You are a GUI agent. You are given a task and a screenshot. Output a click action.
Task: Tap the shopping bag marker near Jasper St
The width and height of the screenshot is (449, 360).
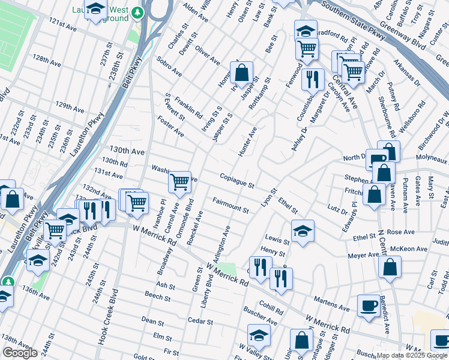tap(241, 74)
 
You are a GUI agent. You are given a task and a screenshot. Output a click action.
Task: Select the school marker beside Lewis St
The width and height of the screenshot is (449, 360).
tap(303, 230)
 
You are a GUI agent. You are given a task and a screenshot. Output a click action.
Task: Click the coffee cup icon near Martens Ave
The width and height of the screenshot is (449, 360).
tap(368, 305)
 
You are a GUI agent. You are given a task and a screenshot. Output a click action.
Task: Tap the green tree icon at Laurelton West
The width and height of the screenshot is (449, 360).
tap(138, 12)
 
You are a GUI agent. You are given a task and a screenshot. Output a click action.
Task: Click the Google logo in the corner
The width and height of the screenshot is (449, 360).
tap(20, 353)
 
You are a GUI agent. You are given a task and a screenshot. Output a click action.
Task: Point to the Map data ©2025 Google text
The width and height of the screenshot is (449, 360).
tap(403, 355)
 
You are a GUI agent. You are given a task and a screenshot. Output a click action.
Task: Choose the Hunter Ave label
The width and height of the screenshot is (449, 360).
tap(247, 142)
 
